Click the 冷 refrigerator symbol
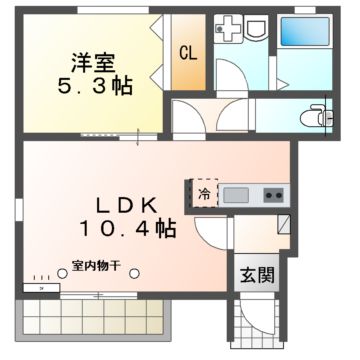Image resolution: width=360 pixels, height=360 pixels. coord(204,192)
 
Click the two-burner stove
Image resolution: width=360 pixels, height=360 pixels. coord(273,193)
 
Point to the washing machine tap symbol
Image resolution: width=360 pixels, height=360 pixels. coord(228,27)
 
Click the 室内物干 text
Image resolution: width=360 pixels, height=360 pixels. coord(95,266)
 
